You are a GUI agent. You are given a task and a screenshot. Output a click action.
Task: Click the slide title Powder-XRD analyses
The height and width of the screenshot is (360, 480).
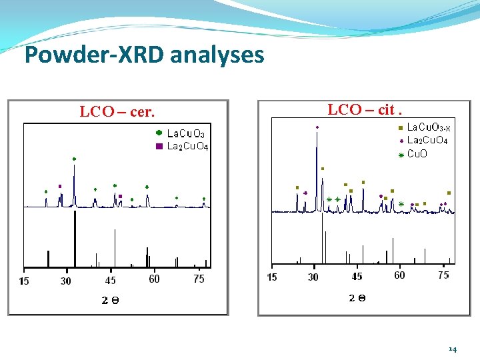(144, 55)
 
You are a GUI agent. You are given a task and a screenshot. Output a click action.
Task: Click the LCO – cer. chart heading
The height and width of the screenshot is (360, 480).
(117, 112)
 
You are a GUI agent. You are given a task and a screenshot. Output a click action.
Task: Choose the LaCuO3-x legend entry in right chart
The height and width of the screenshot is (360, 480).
(428, 127)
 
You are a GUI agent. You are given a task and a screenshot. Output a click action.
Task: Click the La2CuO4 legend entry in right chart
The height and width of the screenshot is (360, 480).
(427, 140)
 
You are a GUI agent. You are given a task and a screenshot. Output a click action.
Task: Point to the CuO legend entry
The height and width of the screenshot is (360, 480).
(417, 154)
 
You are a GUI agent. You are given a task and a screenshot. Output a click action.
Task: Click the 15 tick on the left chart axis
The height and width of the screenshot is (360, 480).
(24, 281)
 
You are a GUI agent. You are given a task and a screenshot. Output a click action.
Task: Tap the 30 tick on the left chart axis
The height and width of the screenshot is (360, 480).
(65, 281)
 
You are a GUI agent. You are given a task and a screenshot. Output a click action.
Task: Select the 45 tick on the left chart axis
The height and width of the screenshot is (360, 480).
(110, 281)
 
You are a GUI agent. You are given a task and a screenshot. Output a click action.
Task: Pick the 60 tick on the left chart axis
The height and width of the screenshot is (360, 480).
(154, 279)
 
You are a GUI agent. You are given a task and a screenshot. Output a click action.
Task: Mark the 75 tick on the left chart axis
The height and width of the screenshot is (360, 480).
(199, 279)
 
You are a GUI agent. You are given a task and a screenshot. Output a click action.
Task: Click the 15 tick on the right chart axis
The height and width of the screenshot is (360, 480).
(272, 277)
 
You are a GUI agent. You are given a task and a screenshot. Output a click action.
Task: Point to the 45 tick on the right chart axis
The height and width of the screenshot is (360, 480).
(357, 276)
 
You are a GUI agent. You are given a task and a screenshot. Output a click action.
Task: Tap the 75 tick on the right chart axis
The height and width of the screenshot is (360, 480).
(443, 275)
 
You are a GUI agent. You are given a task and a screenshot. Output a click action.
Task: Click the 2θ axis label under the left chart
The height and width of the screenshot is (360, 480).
(111, 300)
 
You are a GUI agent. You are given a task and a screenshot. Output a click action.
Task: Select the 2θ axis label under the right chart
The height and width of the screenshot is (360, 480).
(357, 298)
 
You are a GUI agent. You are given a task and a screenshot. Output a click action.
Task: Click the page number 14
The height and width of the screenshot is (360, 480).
(453, 349)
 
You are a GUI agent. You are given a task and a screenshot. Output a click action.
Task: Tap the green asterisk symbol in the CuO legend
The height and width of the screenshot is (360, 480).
(401, 155)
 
